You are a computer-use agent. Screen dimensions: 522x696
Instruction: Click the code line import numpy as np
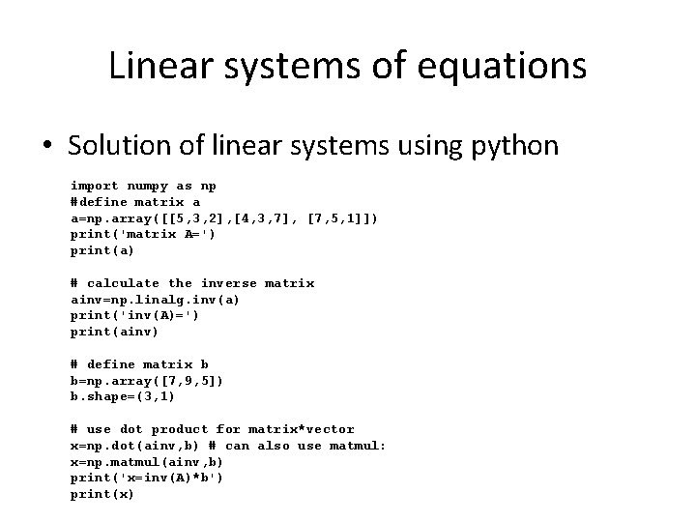143,186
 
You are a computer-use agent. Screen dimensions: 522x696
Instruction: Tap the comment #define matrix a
135,202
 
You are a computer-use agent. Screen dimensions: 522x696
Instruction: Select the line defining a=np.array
224,218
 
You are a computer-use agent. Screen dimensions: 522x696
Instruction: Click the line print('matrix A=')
143,235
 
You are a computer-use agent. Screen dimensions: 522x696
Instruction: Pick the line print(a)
102,251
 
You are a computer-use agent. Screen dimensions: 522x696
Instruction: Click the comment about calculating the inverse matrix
192,283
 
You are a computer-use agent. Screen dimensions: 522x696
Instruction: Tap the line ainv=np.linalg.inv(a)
155,300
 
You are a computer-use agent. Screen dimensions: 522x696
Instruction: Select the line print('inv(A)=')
134,316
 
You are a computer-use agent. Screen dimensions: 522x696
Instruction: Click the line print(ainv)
114,333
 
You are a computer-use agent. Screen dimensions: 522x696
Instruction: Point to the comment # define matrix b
139,364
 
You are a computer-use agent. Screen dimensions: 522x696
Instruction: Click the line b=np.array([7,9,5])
147,381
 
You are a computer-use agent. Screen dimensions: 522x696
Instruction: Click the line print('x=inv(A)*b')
147,478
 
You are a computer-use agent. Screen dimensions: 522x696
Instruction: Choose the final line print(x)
102,495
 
